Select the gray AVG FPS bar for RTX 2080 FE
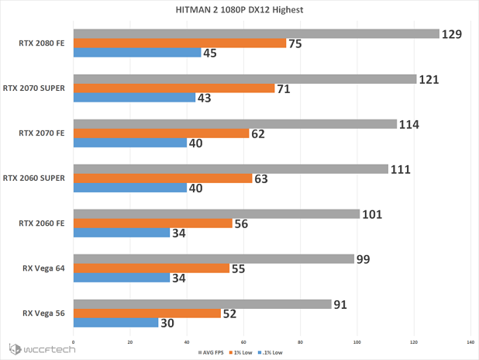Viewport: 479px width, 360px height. tap(256, 34)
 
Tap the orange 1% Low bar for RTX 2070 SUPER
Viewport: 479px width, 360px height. tap(174, 88)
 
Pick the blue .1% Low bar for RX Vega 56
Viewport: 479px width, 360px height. tap(115, 323)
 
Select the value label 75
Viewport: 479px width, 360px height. tap(296, 43)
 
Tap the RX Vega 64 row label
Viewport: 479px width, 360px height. tap(43, 268)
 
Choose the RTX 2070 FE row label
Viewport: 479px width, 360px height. tap(43, 133)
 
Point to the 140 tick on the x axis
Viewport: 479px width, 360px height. tap(470, 342)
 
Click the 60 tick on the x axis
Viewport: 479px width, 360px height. tap(243, 342)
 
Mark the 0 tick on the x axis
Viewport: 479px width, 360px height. tap(73, 342)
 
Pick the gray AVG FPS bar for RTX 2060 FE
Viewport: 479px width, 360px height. tap(216, 214)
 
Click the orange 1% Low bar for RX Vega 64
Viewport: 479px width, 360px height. tap(151, 268)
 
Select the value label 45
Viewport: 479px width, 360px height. tap(210, 53)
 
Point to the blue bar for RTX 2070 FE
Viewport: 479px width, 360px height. tap(129, 143)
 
